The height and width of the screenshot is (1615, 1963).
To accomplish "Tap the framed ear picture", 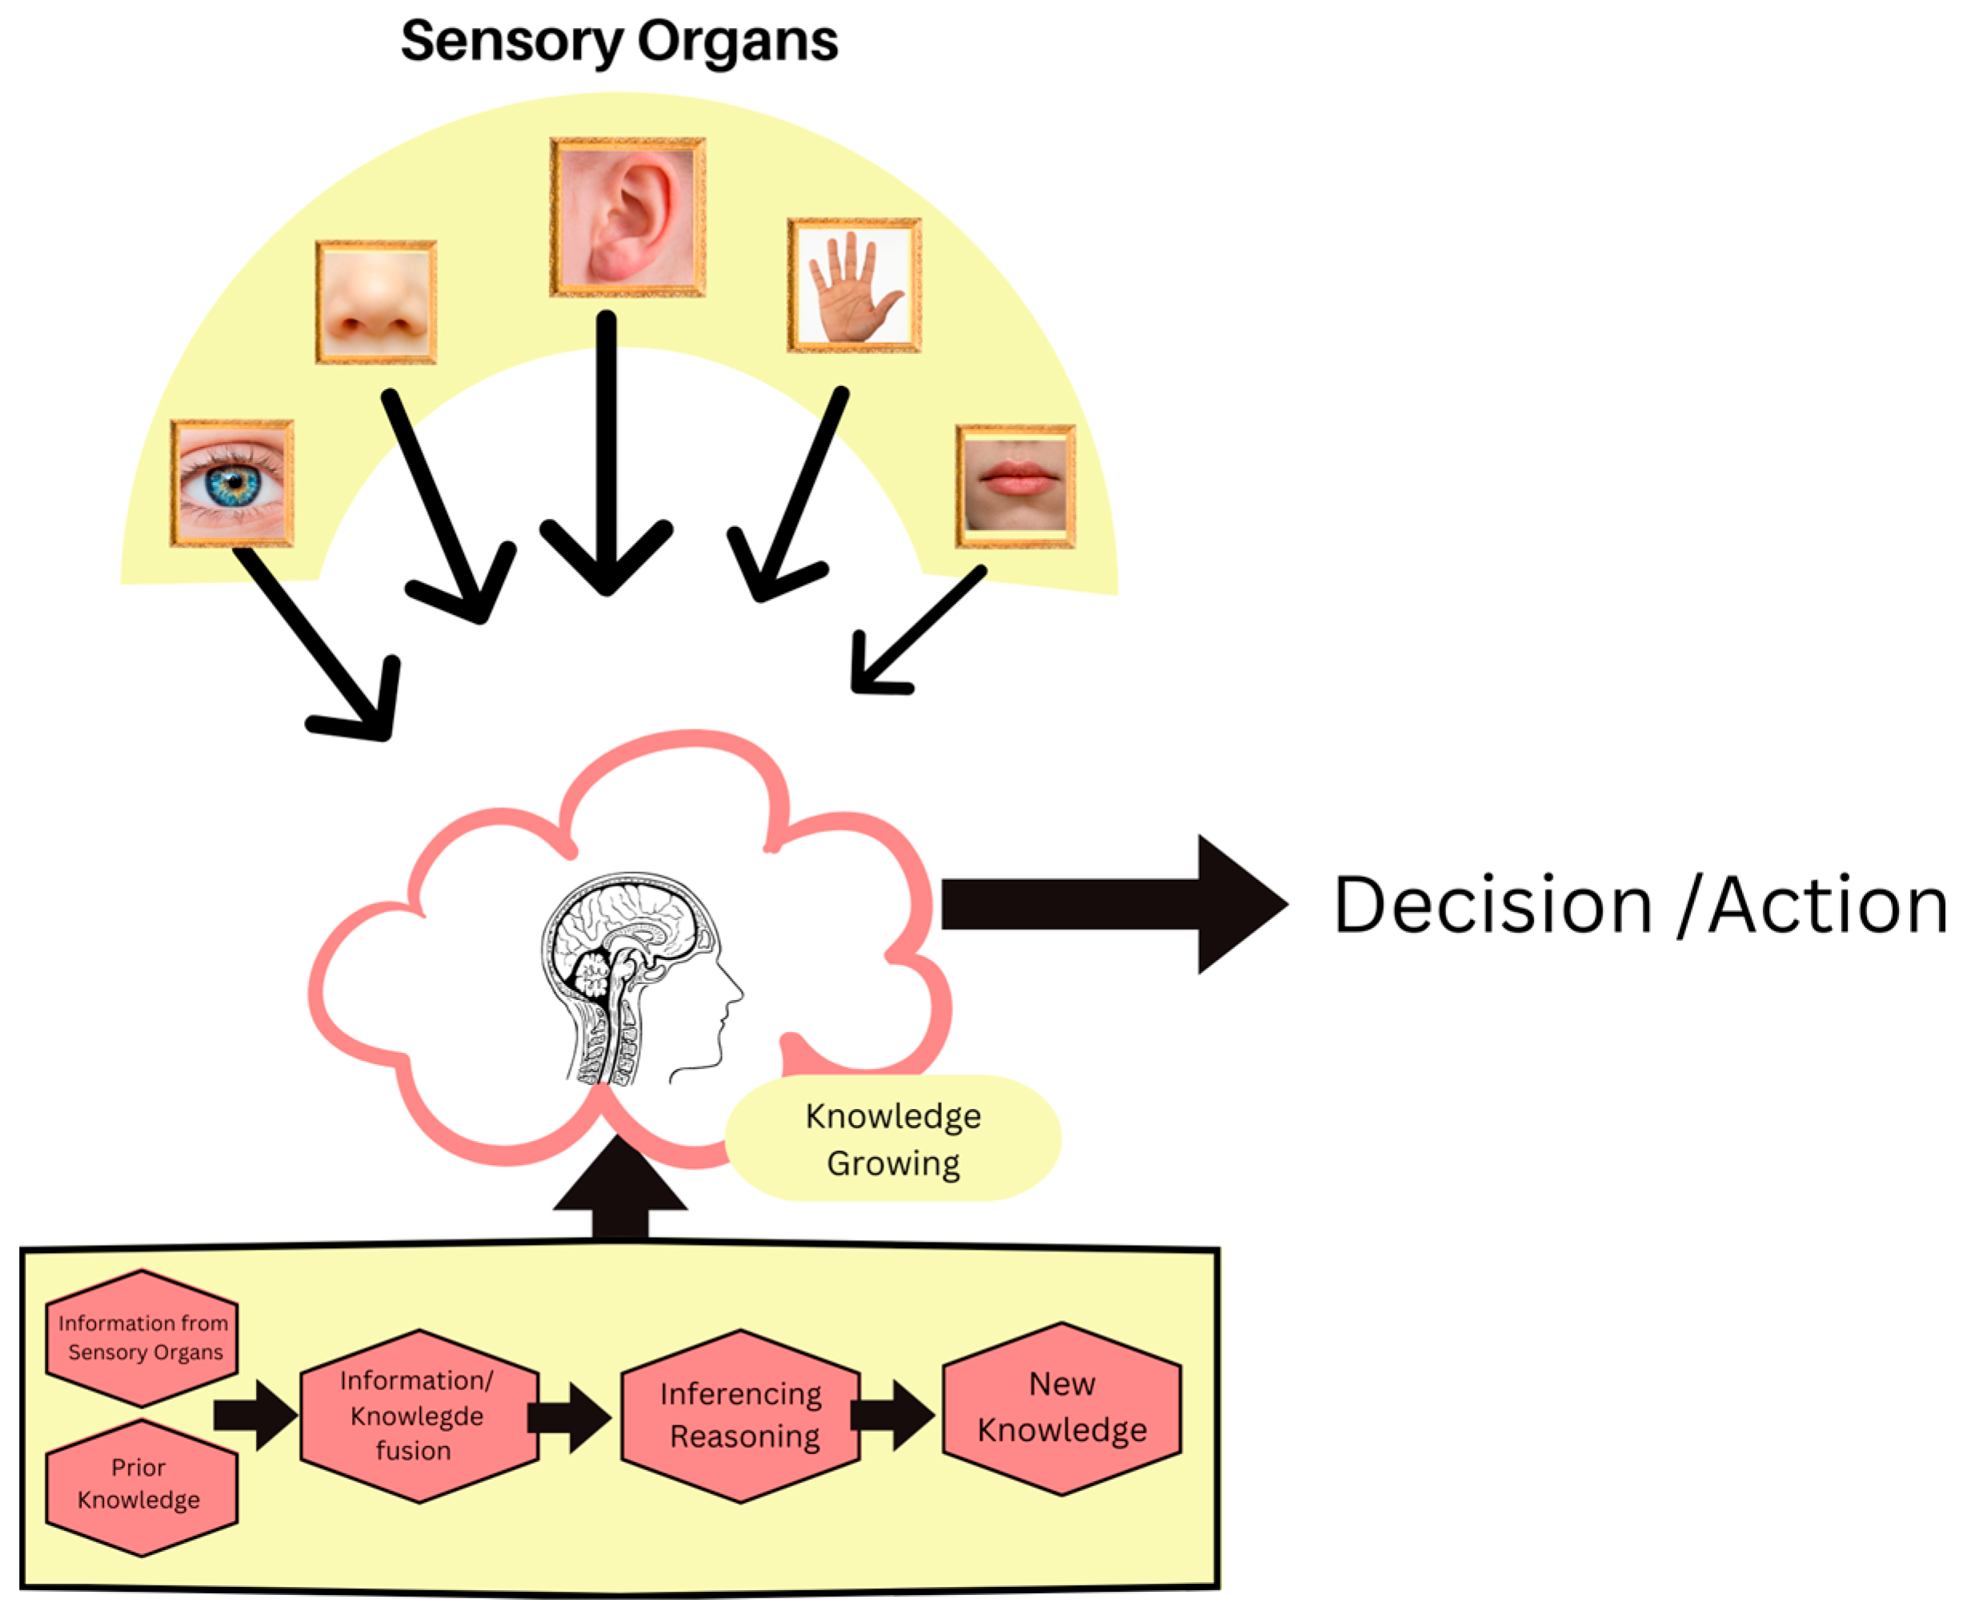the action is pyautogui.click(x=627, y=217).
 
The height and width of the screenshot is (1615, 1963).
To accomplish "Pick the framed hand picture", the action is pyautogui.click(x=855, y=286).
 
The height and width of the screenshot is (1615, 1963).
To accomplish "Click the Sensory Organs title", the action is pyautogui.click(x=619, y=42).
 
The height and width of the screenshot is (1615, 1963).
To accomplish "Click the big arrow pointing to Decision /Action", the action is pyautogui.click(x=1115, y=904).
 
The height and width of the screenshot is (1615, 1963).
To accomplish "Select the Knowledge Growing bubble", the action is pyautogui.click(x=893, y=1139).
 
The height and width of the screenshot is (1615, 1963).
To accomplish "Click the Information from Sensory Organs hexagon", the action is pyautogui.click(x=142, y=1338).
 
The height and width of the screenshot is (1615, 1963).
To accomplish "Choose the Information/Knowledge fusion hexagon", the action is pyautogui.click(x=419, y=1416).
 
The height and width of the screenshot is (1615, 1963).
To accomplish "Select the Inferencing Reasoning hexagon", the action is pyautogui.click(x=741, y=1416).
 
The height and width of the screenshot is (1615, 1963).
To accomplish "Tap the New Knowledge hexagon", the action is pyautogui.click(x=1062, y=1408).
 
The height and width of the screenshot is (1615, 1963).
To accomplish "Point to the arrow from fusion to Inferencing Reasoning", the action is pyautogui.click(x=570, y=1418).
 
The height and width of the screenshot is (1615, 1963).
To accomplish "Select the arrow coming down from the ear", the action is pyautogui.click(x=607, y=453).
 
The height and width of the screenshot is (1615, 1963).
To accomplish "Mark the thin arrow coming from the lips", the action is pyautogui.click(x=918, y=631).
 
